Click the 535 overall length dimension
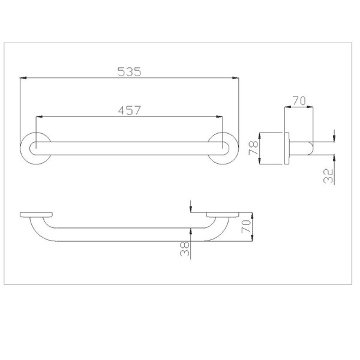point(129,71)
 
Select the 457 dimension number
point(129,110)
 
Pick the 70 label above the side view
point(298,101)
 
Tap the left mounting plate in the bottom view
point(35,214)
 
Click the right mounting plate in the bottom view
point(223,214)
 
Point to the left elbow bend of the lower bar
point(42,231)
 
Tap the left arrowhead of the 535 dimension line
point(23,77)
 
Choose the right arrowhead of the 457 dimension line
point(221,116)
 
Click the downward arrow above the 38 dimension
point(190,208)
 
